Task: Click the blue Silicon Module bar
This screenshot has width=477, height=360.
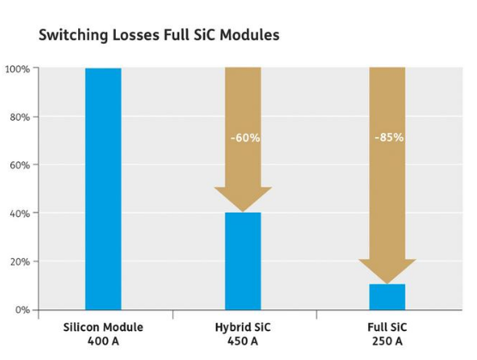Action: [103, 189]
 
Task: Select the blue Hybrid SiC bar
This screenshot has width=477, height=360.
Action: [243, 261]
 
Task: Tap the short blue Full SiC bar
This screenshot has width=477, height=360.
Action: [387, 297]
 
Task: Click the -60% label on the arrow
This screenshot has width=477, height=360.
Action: [245, 138]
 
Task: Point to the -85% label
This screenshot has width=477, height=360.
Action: [389, 137]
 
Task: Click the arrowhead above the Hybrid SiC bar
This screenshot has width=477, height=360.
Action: [243, 199]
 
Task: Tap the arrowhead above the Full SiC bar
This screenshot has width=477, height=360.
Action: [387, 271]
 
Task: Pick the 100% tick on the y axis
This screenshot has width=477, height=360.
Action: [17, 69]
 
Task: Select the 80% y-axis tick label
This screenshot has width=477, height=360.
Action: [20, 117]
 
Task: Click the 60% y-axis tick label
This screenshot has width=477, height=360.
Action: [20, 165]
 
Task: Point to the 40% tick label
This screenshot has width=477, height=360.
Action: [20, 213]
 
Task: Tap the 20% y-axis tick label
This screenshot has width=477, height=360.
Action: [20, 261]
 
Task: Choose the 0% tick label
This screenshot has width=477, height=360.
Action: [23, 310]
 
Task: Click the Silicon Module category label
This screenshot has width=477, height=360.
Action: [103, 327]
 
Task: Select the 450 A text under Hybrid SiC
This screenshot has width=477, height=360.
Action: [243, 341]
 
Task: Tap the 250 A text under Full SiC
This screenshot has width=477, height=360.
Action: [387, 341]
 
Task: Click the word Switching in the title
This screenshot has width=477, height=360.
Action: [73, 35]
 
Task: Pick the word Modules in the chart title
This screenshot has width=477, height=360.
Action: [250, 34]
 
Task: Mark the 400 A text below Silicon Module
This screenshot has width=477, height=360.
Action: [103, 341]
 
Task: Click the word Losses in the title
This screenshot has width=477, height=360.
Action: [136, 34]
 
